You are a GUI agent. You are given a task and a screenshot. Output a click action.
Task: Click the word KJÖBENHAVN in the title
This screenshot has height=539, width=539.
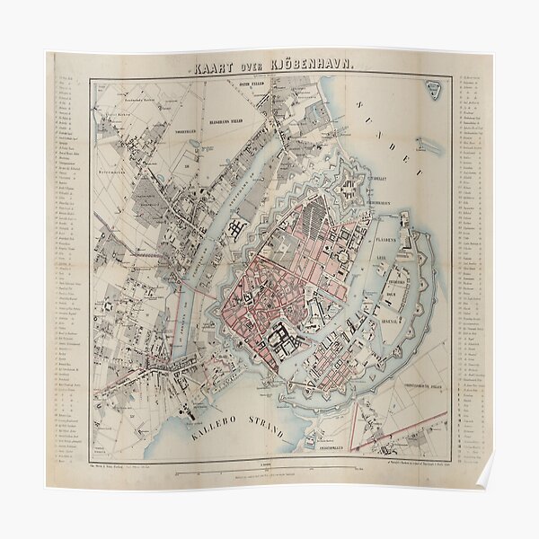click(x=298, y=63)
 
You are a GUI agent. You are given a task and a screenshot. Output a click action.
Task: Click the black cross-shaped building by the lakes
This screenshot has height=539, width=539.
click(x=238, y=228)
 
